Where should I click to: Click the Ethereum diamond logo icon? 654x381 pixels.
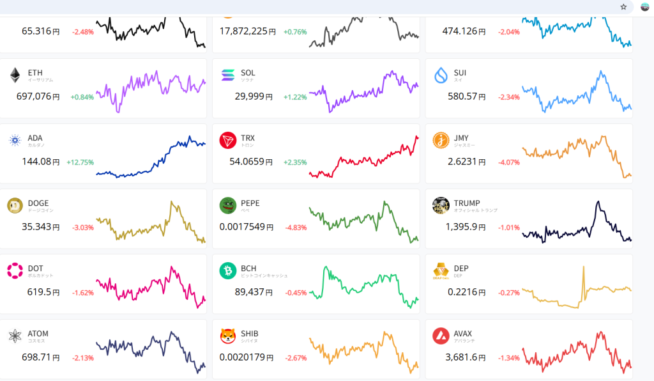tap(15, 75)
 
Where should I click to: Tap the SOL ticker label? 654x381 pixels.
tap(248, 73)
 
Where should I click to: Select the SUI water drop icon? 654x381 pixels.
tap(441, 75)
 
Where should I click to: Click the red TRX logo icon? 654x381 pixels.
tap(227, 141)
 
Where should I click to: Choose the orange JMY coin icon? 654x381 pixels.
tap(441, 140)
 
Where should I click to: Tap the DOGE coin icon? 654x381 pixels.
tap(15, 206)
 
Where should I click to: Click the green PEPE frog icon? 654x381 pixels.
tap(227, 206)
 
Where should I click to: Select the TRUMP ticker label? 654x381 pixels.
tap(467, 203)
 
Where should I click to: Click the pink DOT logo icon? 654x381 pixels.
tap(15, 271)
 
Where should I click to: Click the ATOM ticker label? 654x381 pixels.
tap(38, 334)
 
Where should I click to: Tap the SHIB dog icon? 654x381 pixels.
tap(227, 336)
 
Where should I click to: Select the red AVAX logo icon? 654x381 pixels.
tap(441, 336)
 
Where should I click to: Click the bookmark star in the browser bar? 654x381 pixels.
tap(623, 7)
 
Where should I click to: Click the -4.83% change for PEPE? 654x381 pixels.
tap(296, 228)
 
